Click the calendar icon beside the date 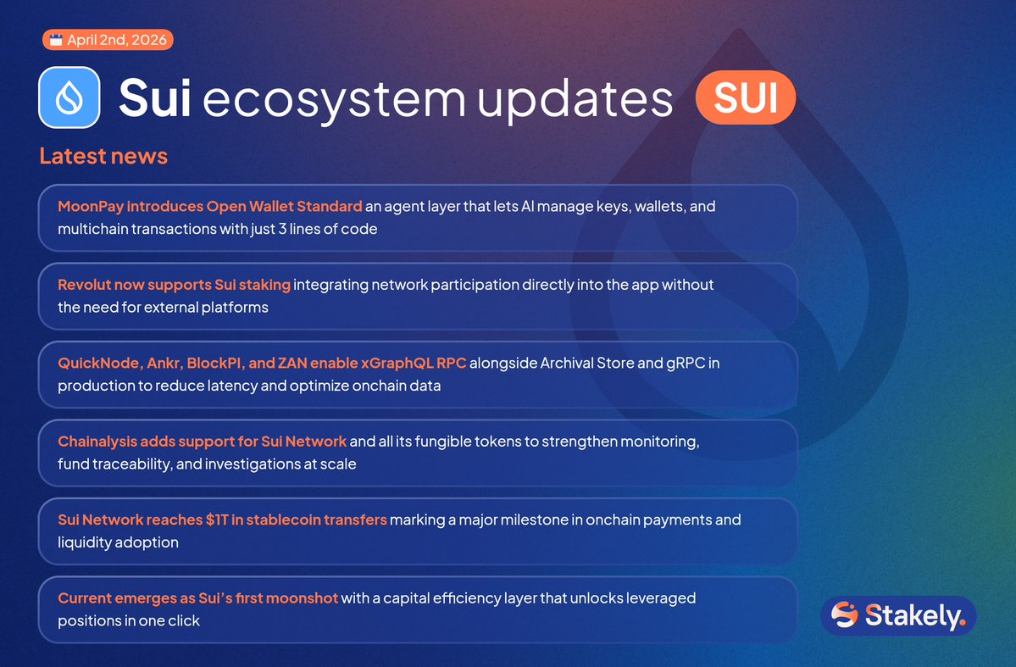(x=56, y=40)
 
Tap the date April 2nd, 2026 (x=117, y=40)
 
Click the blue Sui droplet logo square (x=69, y=97)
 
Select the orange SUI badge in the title (x=745, y=97)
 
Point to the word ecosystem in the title (x=335, y=99)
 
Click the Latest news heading (x=103, y=156)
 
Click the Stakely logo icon (x=844, y=614)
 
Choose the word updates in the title (x=575, y=99)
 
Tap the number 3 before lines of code (x=282, y=229)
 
